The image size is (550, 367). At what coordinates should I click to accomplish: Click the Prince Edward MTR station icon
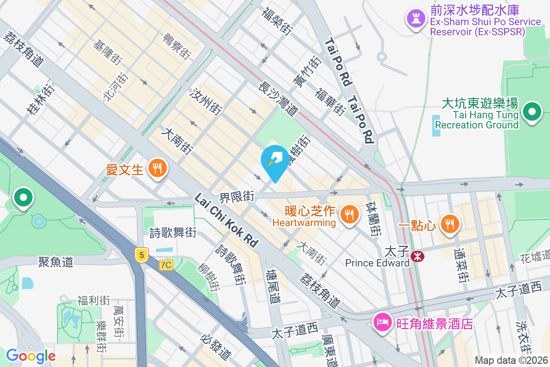418,256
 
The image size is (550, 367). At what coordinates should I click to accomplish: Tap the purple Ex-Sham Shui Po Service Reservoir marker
416,18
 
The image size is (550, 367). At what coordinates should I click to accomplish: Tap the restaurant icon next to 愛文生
157,168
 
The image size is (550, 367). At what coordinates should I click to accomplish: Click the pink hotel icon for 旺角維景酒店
383,323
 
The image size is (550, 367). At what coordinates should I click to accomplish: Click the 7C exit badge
166,265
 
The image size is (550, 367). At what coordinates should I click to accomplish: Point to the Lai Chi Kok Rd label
226,221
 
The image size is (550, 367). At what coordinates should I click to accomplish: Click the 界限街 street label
237,198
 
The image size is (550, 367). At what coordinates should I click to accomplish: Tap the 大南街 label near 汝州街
176,140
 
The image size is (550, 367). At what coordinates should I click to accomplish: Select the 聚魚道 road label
55,262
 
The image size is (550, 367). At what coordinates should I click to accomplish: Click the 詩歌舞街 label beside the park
173,233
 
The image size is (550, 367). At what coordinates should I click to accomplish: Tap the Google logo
31,356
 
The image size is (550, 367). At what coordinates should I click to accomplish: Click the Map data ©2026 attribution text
511,361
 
